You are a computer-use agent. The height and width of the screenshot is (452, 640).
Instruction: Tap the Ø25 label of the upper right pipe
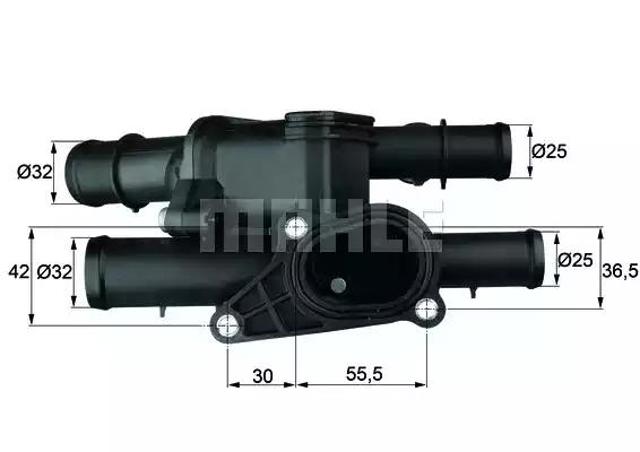click(x=550, y=152)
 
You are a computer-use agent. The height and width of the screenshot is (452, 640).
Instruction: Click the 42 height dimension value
click(x=16, y=271)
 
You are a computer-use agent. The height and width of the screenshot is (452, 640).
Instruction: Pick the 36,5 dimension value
click(x=621, y=270)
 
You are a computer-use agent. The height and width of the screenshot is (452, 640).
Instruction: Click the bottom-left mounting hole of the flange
click(x=229, y=323)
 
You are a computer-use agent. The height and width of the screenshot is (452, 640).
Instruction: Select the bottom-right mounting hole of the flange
click(x=431, y=310)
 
